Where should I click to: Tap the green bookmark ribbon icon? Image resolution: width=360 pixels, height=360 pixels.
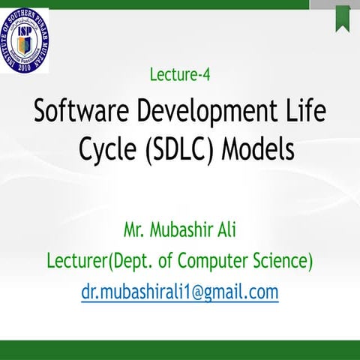(x=343, y=17)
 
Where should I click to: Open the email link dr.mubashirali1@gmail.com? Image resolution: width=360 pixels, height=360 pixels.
(x=180, y=291)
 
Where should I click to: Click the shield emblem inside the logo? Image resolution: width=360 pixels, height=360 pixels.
(x=25, y=40)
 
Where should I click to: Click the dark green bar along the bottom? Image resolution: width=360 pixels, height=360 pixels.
(x=180, y=350)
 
